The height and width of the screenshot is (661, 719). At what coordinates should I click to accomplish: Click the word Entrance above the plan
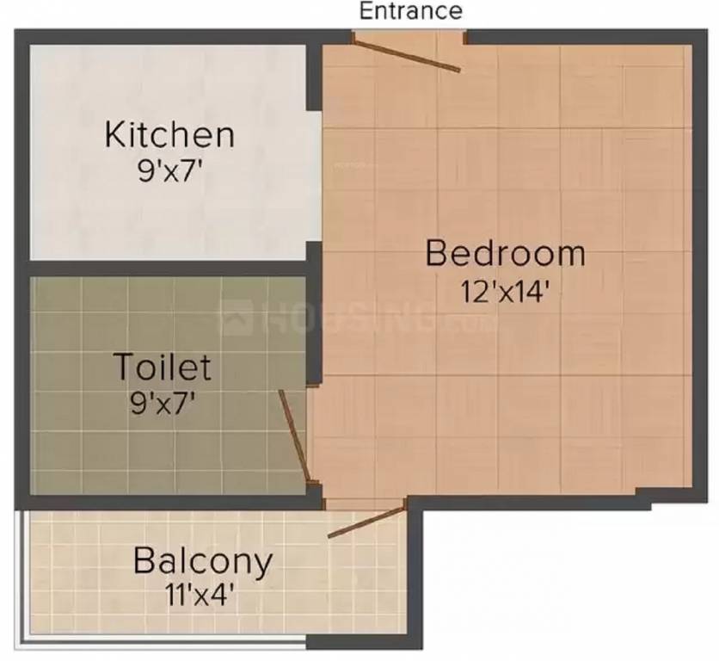(x=410, y=11)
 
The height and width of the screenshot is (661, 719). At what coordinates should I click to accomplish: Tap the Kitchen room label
(x=169, y=135)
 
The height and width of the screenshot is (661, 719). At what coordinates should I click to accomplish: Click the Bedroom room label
(x=506, y=254)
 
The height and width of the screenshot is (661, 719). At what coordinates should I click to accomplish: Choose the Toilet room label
(x=163, y=368)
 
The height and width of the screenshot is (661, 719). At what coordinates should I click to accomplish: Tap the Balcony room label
(x=203, y=560)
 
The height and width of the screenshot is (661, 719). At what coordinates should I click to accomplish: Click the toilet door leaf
(x=293, y=435)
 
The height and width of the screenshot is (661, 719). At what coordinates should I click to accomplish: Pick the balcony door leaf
(x=366, y=522)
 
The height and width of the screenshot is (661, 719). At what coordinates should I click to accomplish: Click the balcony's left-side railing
(x=22, y=577)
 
